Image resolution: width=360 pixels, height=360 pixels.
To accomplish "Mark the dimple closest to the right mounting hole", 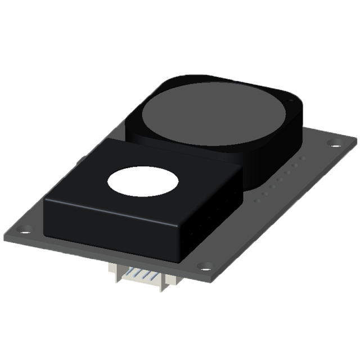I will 304,159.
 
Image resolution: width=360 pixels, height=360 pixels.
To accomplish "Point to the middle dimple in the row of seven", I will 282,178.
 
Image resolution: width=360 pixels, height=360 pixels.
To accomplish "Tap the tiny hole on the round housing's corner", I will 291,99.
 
